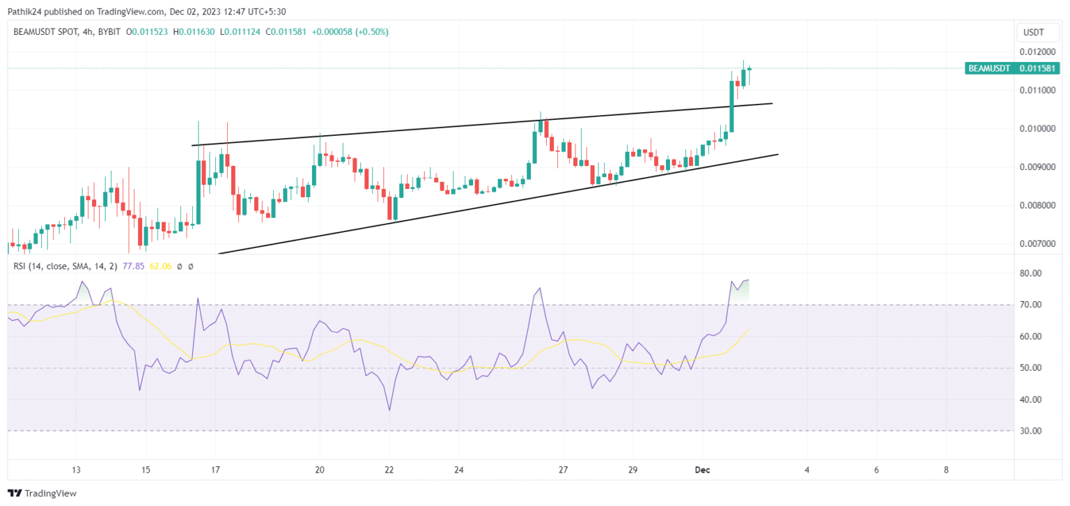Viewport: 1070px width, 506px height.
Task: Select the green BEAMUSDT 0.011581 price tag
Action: click(1012, 68)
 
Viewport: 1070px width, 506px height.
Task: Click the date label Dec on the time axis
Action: click(702, 470)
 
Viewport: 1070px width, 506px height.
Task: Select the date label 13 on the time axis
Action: click(77, 470)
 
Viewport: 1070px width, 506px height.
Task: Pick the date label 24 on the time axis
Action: click(459, 470)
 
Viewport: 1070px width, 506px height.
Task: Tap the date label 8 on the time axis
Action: click(946, 470)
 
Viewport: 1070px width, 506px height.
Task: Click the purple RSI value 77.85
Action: click(133, 266)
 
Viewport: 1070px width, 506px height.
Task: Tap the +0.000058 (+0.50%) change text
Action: click(349, 32)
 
